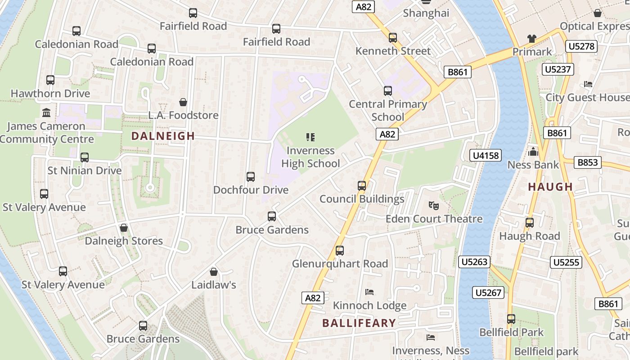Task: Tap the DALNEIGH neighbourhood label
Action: [x=163, y=136]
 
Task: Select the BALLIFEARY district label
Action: [x=359, y=323]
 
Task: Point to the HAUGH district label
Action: [x=550, y=187]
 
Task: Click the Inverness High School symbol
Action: [x=310, y=137]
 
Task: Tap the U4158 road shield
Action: [x=486, y=156]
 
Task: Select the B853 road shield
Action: [x=588, y=162]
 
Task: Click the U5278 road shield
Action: [x=581, y=46]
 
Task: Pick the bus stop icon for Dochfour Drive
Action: [x=251, y=177]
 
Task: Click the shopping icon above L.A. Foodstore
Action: [x=183, y=102]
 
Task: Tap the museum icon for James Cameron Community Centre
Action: [x=46, y=112]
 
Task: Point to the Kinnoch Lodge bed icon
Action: [x=369, y=292]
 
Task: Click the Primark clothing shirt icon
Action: [x=532, y=39]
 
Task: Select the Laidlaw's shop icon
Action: [x=214, y=272]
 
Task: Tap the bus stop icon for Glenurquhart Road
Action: [x=340, y=250]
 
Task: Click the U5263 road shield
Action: [x=475, y=262]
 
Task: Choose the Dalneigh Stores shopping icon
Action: [x=124, y=228]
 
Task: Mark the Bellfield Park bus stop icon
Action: [x=511, y=319]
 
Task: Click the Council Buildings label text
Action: [x=362, y=199]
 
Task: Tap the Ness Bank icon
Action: [x=533, y=152]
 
